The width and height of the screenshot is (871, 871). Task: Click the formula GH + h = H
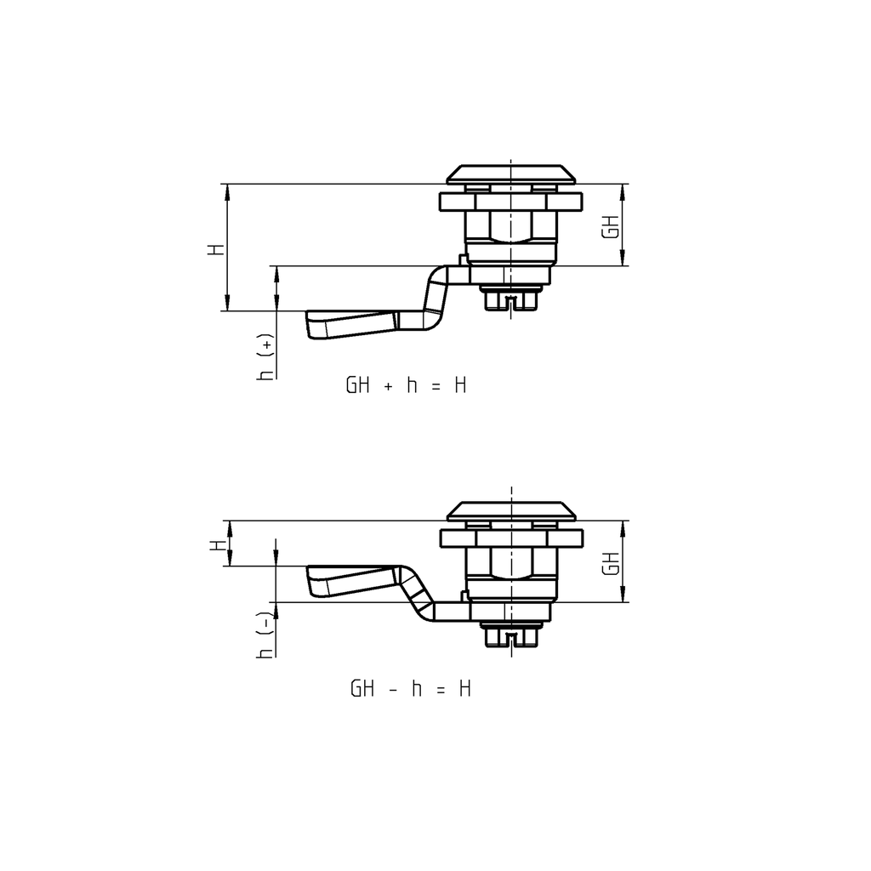(x=406, y=385)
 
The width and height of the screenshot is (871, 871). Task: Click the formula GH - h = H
(x=410, y=688)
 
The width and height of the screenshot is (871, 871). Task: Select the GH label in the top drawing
(x=609, y=225)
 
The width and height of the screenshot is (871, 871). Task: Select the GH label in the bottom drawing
(x=609, y=562)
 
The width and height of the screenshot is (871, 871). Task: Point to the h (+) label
(x=267, y=358)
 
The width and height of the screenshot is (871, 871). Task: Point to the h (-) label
(x=267, y=635)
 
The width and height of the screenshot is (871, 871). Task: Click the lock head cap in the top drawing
(x=510, y=174)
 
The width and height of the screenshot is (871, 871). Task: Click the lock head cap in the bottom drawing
(x=510, y=510)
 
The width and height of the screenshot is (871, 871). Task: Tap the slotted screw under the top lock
(x=510, y=300)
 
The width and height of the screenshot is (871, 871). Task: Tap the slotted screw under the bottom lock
(x=510, y=636)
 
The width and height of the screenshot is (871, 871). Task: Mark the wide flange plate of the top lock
(x=510, y=202)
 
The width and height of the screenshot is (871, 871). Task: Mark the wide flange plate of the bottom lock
(x=510, y=538)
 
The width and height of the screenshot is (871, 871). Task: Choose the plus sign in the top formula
(x=388, y=386)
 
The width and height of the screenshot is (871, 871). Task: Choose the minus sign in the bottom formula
(x=392, y=689)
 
